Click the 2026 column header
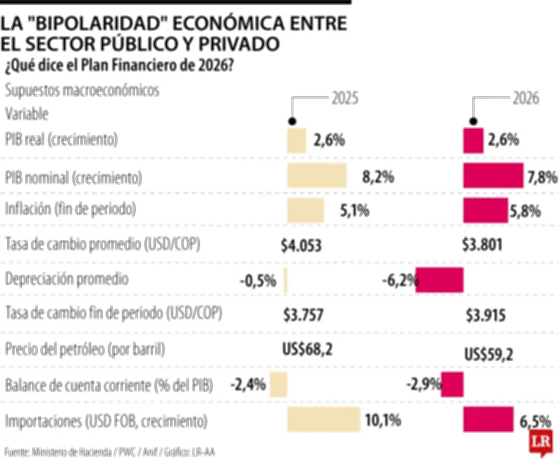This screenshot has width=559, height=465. point(525,98)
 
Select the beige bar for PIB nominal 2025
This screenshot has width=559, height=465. point(317,175)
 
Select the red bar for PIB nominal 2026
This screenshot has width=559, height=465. point(493,175)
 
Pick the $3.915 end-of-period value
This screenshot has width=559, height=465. point(484,316)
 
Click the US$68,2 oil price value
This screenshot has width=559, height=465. point(312,349)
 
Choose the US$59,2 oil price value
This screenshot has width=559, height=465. point(488,354)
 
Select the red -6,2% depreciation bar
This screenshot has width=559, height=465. point(440,280)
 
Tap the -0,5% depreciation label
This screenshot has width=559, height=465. point(258,281)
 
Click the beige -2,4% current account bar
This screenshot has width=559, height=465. point(279,385)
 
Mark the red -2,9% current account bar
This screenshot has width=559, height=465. point(453,385)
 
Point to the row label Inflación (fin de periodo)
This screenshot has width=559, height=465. point(70,209)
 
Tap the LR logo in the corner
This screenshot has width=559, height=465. point(539,442)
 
